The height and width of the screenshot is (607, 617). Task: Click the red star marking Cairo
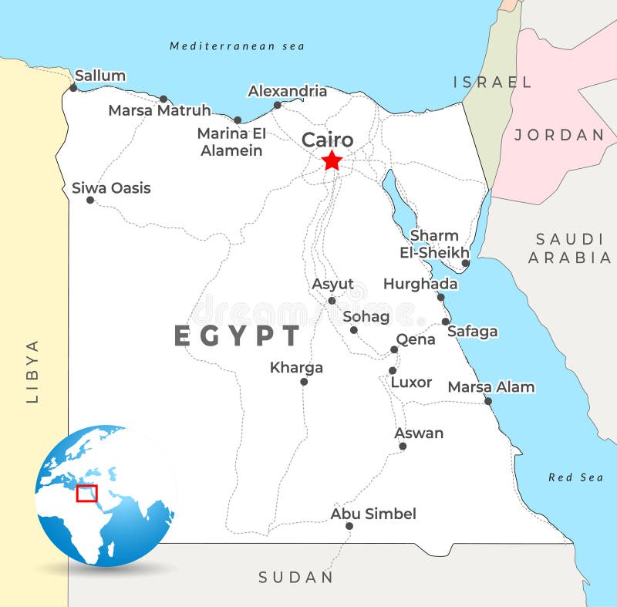(332, 160)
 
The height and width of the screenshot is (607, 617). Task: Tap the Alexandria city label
(287, 91)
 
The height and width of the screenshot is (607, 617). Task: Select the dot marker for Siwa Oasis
(90, 200)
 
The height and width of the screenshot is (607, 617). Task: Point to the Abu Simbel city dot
(349, 526)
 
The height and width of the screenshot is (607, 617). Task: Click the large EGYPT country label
(237, 336)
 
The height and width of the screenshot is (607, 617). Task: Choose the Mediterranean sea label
(237, 46)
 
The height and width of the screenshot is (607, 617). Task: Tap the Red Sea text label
(575, 477)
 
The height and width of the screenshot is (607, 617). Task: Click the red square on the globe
(87, 493)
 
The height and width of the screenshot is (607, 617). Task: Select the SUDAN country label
(296, 577)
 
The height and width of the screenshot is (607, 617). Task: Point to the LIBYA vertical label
(32, 371)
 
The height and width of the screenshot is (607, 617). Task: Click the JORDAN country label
(559, 135)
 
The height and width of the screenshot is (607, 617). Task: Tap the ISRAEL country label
(492, 82)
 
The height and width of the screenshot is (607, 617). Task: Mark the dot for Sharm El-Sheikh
(465, 263)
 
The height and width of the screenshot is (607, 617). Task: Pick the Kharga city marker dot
(304, 381)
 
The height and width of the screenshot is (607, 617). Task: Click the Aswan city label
(419, 433)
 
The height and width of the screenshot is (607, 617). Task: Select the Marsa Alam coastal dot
(487, 401)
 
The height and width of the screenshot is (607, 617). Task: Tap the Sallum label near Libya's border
(100, 76)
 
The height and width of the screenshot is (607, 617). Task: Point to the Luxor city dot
(393, 370)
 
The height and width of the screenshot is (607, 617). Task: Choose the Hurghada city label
(420, 284)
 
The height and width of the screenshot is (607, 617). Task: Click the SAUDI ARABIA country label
(569, 248)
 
